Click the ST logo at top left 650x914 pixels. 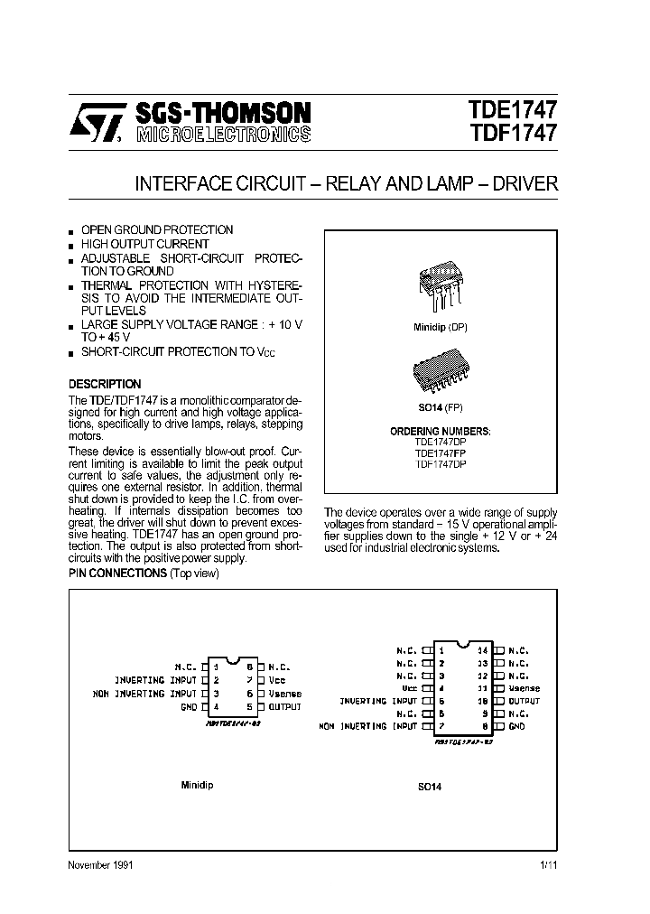pyautogui.click(x=91, y=124)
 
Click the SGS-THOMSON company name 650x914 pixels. pyautogui.click(x=223, y=113)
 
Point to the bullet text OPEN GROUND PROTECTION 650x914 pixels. pyautogui.click(x=157, y=230)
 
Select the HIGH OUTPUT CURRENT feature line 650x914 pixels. pyautogui.click(x=144, y=244)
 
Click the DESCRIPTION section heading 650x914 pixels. pyautogui.click(x=105, y=384)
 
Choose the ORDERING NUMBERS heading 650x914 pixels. pyautogui.click(x=441, y=432)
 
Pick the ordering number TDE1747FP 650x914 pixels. pyautogui.click(x=441, y=453)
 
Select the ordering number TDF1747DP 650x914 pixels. pyautogui.click(x=441, y=464)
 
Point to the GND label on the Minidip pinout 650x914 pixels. pyautogui.click(x=189, y=707)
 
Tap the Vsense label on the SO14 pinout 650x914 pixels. pyautogui.click(x=524, y=688)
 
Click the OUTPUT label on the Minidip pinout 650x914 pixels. pyautogui.click(x=285, y=707)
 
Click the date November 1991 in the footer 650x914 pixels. pyautogui.click(x=101, y=865)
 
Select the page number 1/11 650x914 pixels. pyautogui.click(x=548, y=865)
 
